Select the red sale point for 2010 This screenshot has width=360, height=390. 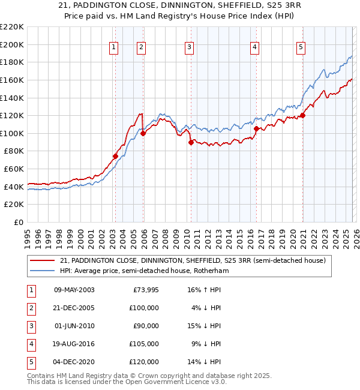coord(190,142)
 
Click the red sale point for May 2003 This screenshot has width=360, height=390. coord(115,156)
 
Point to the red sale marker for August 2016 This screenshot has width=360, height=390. coord(256,128)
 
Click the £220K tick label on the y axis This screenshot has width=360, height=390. coord(12,27)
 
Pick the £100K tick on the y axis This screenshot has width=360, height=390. coord(12,133)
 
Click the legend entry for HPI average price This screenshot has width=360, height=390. coord(144,271)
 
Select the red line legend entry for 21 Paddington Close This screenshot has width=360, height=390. coord(192,260)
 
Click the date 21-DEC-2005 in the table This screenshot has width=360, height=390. coord(74,308)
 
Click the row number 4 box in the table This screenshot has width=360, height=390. coord(30,344)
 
